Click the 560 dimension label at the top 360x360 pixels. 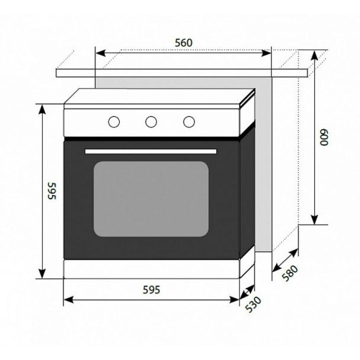pos(183,43)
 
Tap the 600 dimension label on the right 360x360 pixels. pos(324,137)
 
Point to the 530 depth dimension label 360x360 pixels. pos(253,304)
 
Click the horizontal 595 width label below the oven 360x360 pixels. pos(151,289)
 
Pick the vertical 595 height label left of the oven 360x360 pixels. pos(52,191)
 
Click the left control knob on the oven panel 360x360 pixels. pos(114,121)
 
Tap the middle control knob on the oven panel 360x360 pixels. pos(151,121)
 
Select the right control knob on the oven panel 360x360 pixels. pos(189,121)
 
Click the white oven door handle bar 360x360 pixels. pos(150,151)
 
